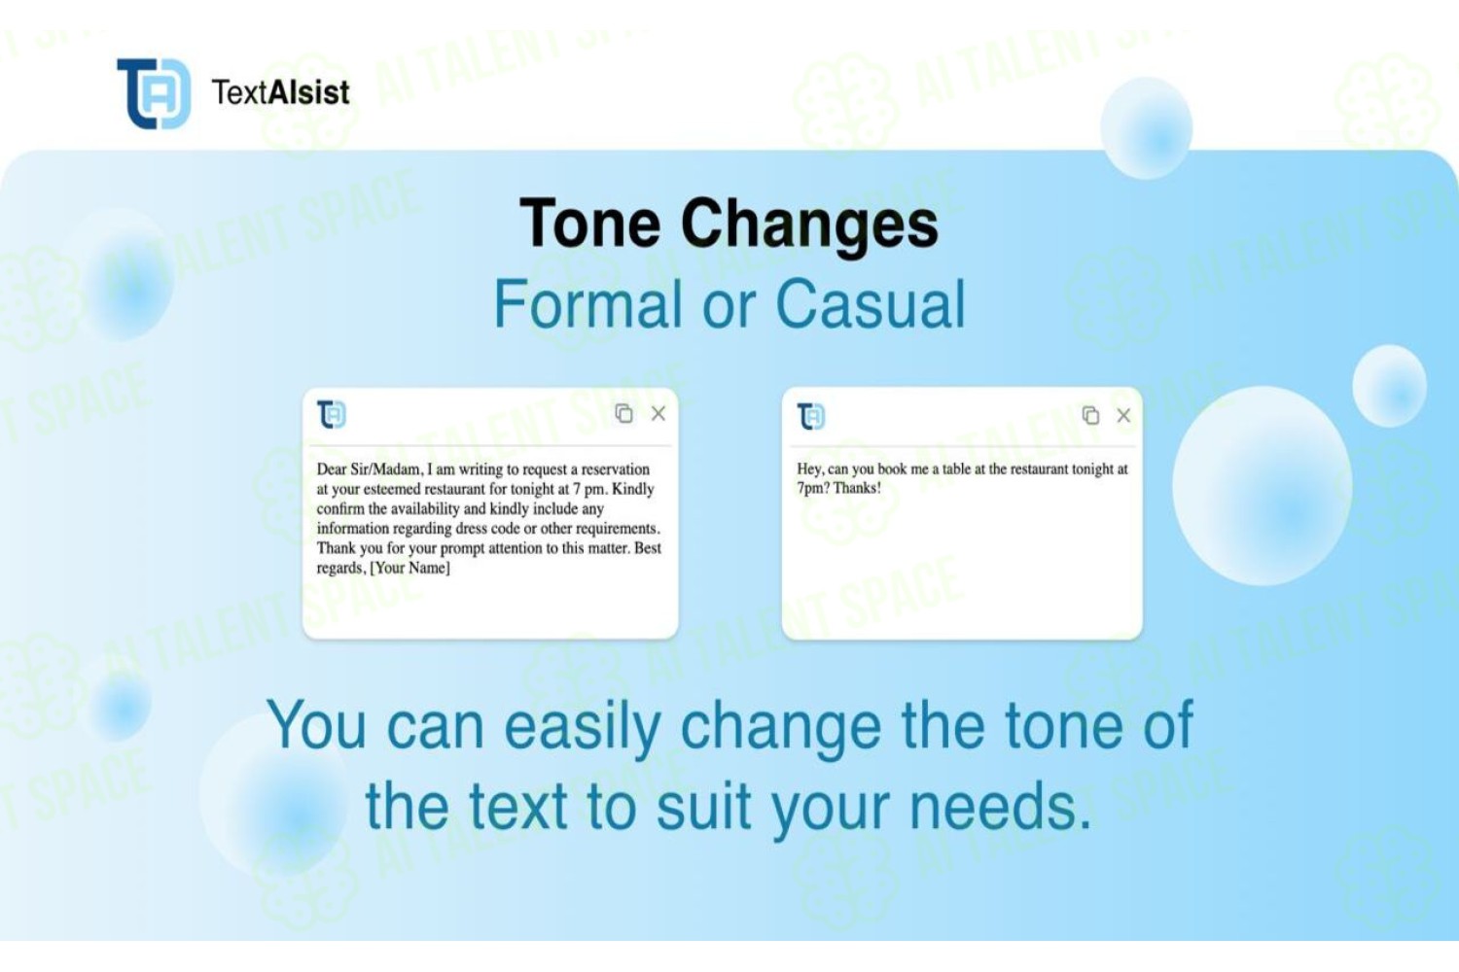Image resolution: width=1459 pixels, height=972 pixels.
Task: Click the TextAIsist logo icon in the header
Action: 154,93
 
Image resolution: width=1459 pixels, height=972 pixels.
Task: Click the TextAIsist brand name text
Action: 281,92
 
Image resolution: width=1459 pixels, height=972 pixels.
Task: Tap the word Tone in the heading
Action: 590,224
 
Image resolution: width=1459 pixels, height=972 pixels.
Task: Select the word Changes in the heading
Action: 809,226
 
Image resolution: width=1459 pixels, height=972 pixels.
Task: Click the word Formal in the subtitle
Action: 588,304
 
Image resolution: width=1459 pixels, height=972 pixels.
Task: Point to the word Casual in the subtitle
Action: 871,304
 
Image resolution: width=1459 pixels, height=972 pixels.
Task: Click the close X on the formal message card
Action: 658,413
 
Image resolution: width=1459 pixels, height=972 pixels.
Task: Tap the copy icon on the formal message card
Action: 623,413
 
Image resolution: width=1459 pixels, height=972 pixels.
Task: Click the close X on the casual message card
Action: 1123,415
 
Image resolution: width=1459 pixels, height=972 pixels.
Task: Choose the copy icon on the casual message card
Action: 1090,415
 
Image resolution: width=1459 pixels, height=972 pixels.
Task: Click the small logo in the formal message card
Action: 332,415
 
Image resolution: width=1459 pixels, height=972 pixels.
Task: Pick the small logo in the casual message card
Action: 811,417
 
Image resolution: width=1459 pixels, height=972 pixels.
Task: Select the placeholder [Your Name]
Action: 409,568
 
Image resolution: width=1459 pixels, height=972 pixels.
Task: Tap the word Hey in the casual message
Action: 810,469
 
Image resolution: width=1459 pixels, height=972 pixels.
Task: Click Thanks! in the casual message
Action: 857,488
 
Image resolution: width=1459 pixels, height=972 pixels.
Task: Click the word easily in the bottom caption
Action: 583,727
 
